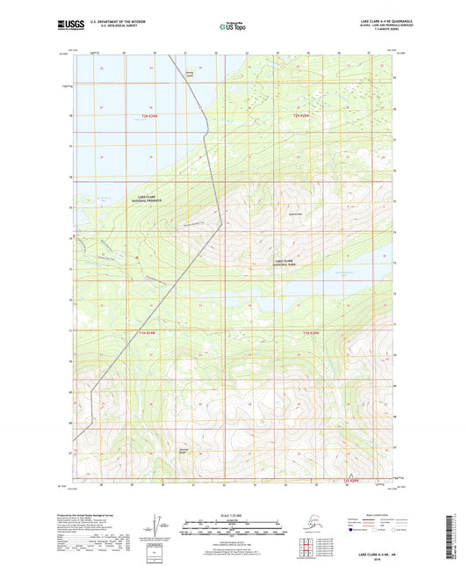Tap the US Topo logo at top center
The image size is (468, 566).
click(x=233, y=28)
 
